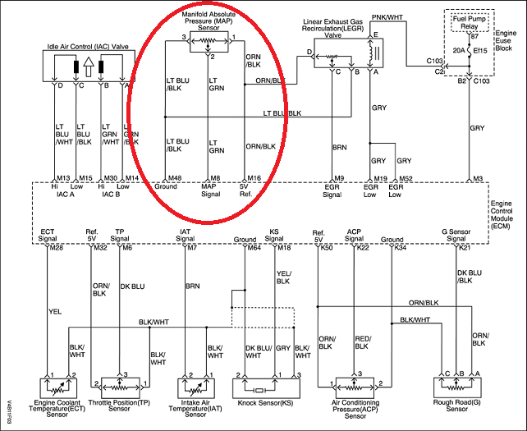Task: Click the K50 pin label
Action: pos(327,247)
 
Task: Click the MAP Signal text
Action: pos(212,190)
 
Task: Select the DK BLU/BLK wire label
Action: pos(465,276)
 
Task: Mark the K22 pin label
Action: pos(362,247)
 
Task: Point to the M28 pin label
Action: pos(56,247)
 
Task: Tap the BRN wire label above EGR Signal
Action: pos(338,148)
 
